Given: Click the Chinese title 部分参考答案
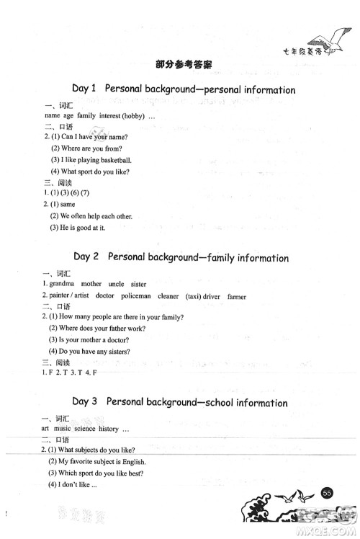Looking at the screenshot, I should pos(180,64).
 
